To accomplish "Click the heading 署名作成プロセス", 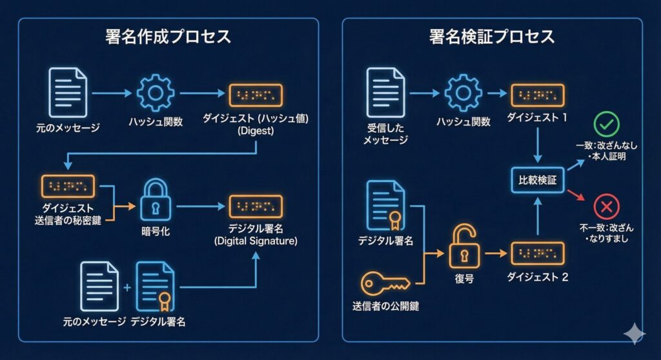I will (168, 37).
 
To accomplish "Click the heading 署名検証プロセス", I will (492, 37).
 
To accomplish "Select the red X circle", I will (606, 207).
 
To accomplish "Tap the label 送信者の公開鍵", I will (386, 306).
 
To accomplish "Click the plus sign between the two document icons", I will (127, 286).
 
